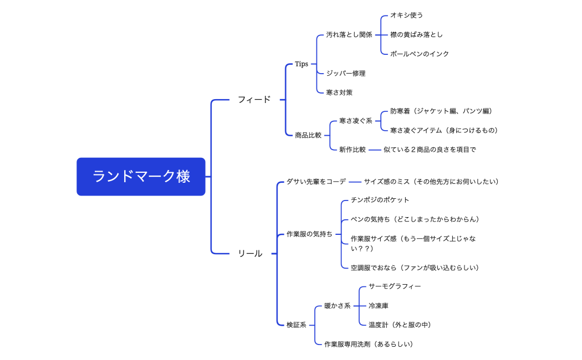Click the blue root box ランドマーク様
(x=141, y=177)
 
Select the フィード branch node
(x=254, y=100)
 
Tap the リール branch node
(x=250, y=253)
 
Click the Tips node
(x=302, y=64)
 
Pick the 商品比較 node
(x=308, y=135)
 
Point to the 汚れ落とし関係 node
(x=349, y=34)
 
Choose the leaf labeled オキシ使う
(x=406, y=15)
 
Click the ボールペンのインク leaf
(x=419, y=54)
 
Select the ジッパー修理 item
(x=345, y=73)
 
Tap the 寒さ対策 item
(x=339, y=92)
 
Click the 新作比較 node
(x=353, y=150)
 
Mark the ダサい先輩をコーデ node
(x=316, y=181)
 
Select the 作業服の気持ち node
(x=309, y=234)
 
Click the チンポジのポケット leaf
(x=380, y=199)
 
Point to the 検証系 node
(x=296, y=325)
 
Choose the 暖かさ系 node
(x=337, y=306)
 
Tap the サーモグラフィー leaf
(x=395, y=286)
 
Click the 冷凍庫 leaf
(x=379, y=306)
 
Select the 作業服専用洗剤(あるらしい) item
(x=369, y=344)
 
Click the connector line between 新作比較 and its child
(x=375, y=150)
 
